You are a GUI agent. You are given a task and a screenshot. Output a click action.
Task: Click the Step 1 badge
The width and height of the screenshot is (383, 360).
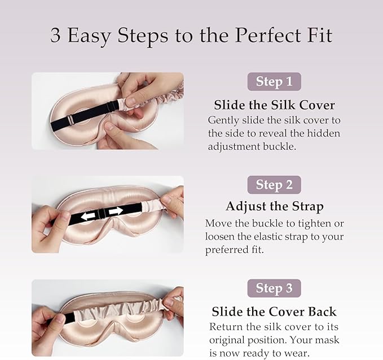click(x=274, y=82)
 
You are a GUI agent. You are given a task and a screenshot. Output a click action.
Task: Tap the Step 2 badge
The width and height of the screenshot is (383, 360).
click(x=274, y=185)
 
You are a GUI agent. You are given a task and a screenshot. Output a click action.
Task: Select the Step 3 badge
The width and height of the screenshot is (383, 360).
click(x=274, y=288)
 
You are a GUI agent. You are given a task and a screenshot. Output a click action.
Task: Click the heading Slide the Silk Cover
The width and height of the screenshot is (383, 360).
click(x=274, y=105)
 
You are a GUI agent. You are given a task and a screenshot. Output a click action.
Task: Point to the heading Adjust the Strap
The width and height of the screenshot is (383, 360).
click(x=274, y=206)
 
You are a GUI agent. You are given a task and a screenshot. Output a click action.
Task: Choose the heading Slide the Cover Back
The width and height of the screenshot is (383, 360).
click(x=274, y=312)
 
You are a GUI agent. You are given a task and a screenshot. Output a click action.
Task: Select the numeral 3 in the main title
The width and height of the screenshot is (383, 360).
click(x=55, y=36)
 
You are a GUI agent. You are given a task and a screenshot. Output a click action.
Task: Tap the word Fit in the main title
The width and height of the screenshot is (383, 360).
click(x=319, y=36)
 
